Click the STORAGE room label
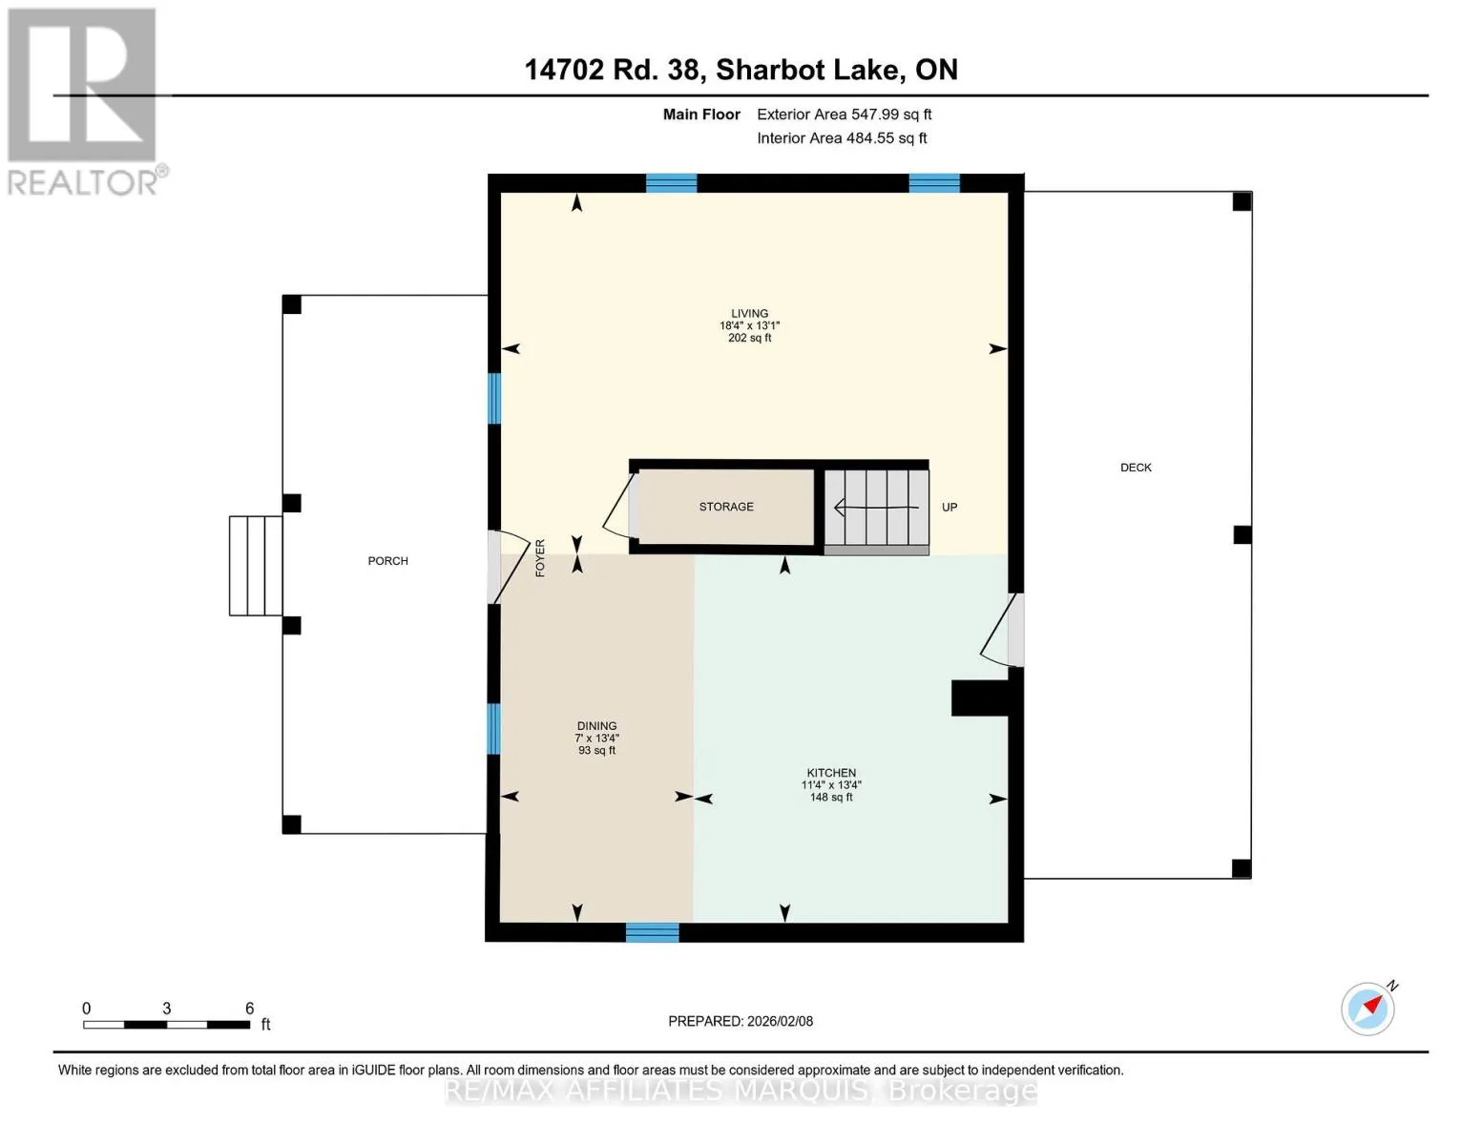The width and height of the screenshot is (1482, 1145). (x=725, y=507)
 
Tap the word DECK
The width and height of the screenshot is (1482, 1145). (x=1136, y=468)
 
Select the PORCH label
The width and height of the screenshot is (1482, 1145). (x=388, y=561)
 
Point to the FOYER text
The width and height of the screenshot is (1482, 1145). (x=540, y=558)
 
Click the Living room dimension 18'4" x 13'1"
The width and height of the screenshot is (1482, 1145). (x=749, y=326)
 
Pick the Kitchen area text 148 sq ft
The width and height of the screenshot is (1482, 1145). (x=831, y=797)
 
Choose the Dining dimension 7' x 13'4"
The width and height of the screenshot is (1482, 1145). (x=596, y=739)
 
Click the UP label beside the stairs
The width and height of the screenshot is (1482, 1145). (x=950, y=508)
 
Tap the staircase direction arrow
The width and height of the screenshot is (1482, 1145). (x=876, y=508)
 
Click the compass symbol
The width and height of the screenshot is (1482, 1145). (x=1367, y=1009)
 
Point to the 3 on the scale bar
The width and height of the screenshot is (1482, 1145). (x=166, y=1009)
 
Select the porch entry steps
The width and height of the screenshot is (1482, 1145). (x=256, y=566)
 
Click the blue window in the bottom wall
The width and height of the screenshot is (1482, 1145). (x=652, y=932)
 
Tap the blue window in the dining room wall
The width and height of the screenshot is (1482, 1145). (x=493, y=729)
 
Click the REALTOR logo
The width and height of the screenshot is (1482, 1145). (x=85, y=102)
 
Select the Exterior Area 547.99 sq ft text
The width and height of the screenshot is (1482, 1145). (x=845, y=114)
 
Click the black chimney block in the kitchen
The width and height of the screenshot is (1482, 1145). (x=979, y=697)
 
